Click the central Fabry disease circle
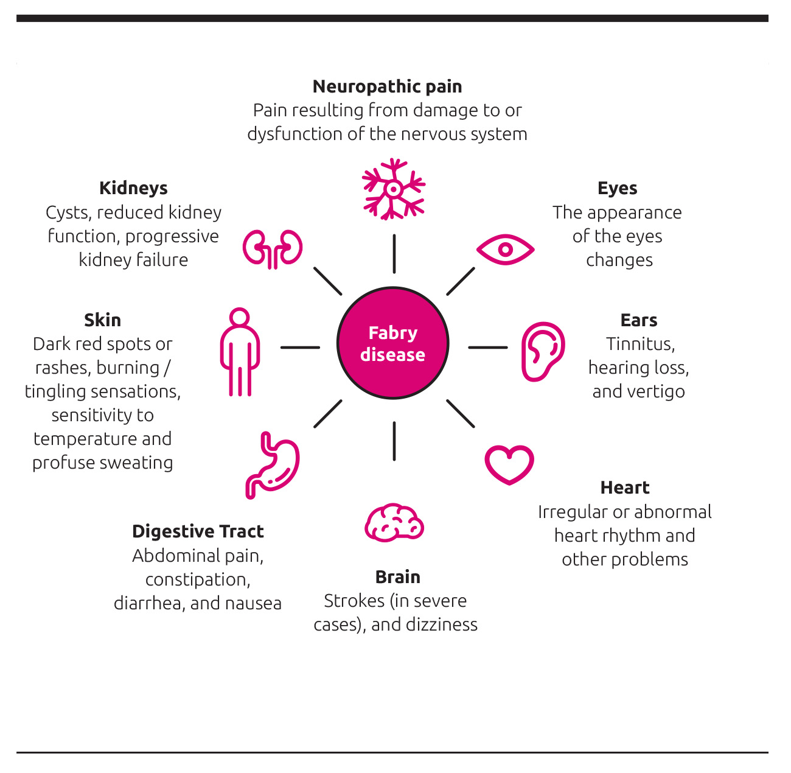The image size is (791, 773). pos(392,343)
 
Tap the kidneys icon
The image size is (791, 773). pos(272,248)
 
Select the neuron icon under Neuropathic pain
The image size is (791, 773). pos(393,189)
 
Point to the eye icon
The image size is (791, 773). pos(505,250)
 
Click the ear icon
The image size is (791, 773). pos(542,351)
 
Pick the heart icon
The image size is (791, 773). pos(509,464)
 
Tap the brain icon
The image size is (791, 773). pos(394,523)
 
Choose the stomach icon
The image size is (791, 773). pos(273,465)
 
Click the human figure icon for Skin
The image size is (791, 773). pos(240,352)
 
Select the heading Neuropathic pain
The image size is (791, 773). pos(387,86)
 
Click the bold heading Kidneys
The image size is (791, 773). pos(133,188)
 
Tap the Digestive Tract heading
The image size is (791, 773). pos(198,531)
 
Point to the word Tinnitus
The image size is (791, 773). pos(640,344)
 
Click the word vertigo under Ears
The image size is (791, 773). pos(659,391)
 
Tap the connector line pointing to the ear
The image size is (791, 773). pos(487,348)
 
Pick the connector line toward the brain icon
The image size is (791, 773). pos(394,441)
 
